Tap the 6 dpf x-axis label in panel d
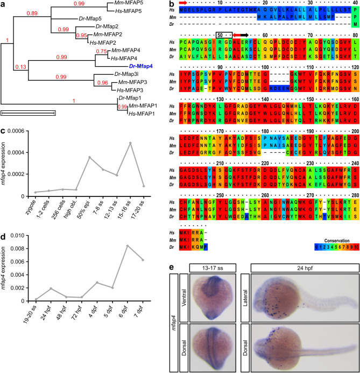[142, 320]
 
